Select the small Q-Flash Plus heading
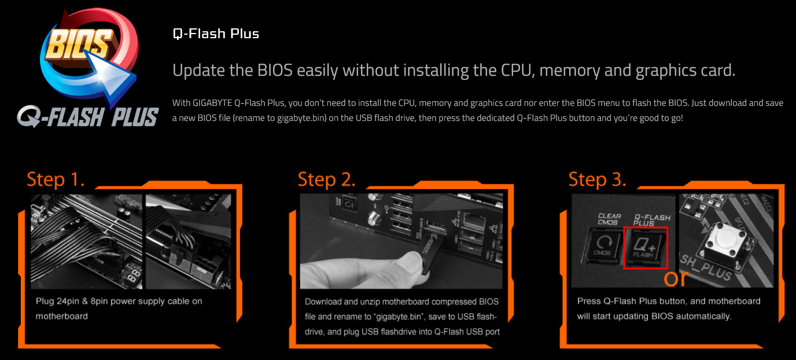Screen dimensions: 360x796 pyautogui.click(x=216, y=34)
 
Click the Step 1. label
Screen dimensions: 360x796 pyautogui.click(x=56, y=179)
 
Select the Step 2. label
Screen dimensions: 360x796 pyautogui.click(x=327, y=179)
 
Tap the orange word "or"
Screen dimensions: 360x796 pyautogui.click(x=676, y=278)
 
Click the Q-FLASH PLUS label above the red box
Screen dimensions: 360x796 pyautogui.click(x=652, y=220)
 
